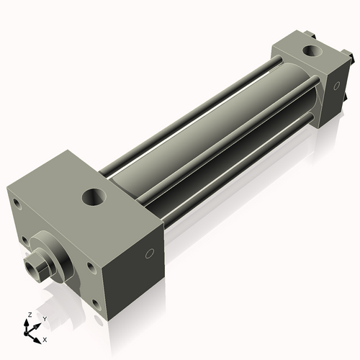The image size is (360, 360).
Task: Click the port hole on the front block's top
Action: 93,195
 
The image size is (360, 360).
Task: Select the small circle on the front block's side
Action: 150,253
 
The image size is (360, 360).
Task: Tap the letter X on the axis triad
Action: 45,338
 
